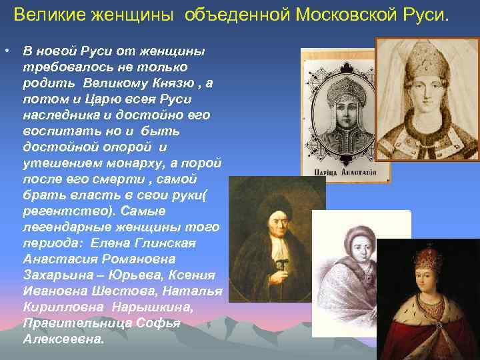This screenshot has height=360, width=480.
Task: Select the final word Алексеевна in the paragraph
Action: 63,339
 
